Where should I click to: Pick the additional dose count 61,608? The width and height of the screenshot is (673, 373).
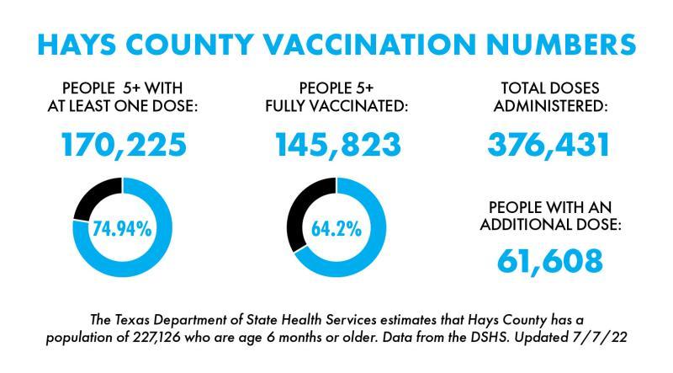pyautogui.click(x=549, y=260)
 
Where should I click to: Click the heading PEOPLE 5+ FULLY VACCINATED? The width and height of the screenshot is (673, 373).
pyautogui.click(x=337, y=98)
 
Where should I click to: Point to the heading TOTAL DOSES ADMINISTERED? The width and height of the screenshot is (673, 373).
pyautogui.click(x=549, y=98)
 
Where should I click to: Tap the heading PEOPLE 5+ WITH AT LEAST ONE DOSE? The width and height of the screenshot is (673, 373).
pyautogui.click(x=124, y=98)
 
